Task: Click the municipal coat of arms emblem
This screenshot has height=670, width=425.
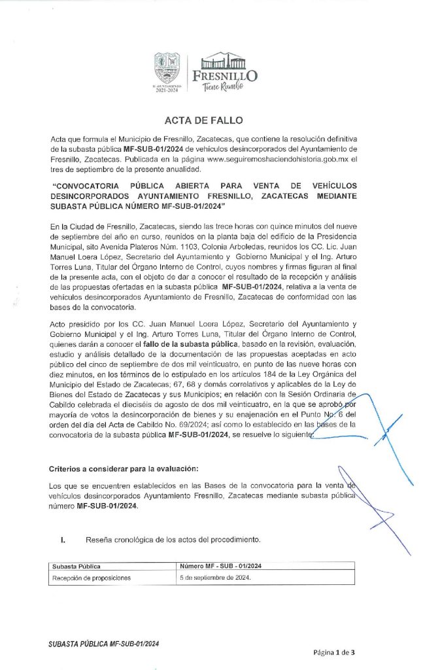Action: click(x=166, y=67)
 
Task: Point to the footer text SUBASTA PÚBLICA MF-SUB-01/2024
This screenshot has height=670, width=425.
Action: click(x=103, y=644)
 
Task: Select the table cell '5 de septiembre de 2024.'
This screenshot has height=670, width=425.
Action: click(x=216, y=578)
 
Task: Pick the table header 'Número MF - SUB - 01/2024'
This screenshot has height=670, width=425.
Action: click(x=222, y=566)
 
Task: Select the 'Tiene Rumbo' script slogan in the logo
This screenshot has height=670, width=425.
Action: click(x=223, y=88)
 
